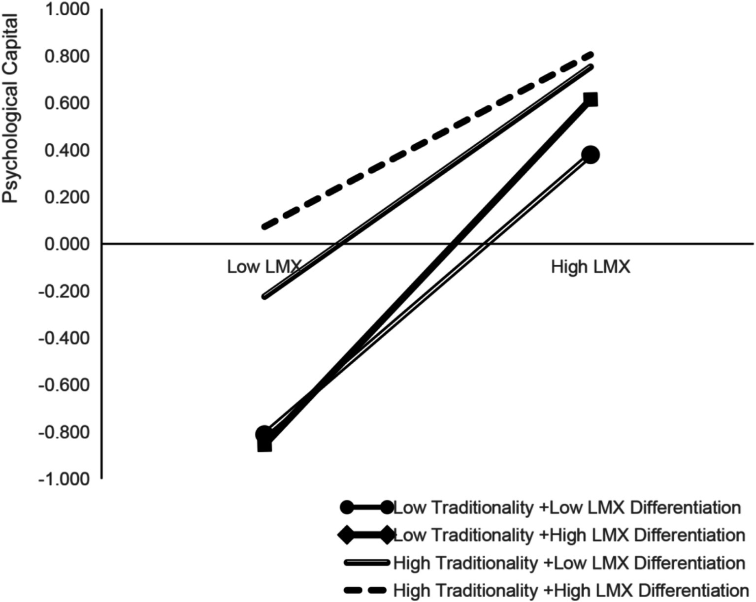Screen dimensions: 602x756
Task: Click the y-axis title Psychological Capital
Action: [x=10, y=108]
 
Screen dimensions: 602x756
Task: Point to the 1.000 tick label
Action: [x=67, y=10]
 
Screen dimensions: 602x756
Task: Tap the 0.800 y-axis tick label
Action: [x=67, y=57]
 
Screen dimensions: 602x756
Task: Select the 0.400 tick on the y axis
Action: [x=67, y=150]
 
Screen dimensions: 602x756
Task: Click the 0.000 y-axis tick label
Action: [x=67, y=244]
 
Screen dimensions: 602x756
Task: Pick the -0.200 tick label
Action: [x=64, y=291]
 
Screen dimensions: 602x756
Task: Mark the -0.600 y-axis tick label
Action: [x=64, y=385]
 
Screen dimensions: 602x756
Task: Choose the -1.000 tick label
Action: [x=64, y=478]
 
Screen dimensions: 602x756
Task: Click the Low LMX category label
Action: [x=264, y=267]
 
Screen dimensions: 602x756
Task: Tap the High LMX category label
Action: [x=590, y=267]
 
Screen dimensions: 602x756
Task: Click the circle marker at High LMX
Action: [x=590, y=155]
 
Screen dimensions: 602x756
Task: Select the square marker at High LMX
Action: [x=590, y=100]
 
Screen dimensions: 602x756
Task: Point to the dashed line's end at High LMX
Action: [x=591, y=55]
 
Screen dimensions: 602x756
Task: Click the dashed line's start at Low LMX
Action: [x=265, y=227]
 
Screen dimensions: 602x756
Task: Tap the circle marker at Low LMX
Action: [x=264, y=434]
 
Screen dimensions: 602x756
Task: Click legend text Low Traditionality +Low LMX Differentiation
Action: [x=567, y=507]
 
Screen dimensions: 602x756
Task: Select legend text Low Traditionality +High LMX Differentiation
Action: [x=569, y=535]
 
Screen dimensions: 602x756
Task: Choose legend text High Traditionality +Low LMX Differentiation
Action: [x=569, y=562]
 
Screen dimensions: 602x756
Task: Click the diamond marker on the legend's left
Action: [x=348, y=535]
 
